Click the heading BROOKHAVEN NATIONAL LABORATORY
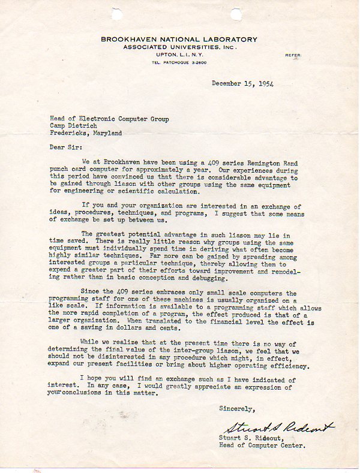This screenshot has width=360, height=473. point(179,40)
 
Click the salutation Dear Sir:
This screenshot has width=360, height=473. point(65,146)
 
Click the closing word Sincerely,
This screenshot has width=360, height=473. point(238,409)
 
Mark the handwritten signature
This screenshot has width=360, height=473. point(278,427)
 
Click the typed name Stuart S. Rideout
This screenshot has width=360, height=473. point(256,438)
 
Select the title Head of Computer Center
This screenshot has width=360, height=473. point(264,445)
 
